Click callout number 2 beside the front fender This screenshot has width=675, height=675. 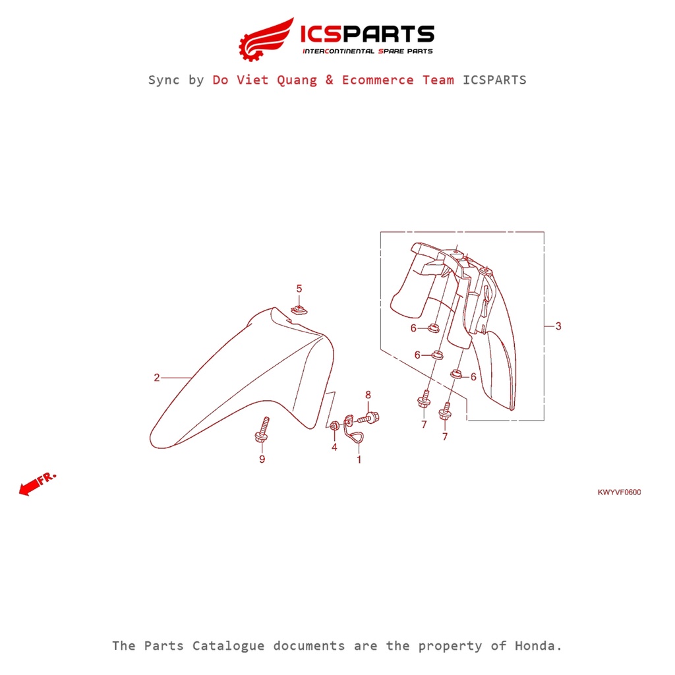pyautogui.click(x=157, y=378)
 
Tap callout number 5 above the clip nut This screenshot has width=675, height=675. pyautogui.click(x=299, y=289)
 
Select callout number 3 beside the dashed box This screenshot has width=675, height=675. pyautogui.click(x=558, y=326)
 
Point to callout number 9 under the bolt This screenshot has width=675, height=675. pyautogui.click(x=262, y=459)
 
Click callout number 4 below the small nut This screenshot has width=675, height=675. pyautogui.click(x=334, y=447)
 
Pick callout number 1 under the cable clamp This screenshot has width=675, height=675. pyautogui.click(x=359, y=459)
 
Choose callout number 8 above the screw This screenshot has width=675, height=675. pyautogui.click(x=368, y=395)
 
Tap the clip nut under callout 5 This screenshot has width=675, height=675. pyautogui.click(x=299, y=310)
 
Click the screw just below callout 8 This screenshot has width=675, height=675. pyautogui.click(x=369, y=417)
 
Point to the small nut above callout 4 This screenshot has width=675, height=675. pyautogui.click(x=334, y=426)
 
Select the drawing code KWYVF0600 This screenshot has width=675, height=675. pyautogui.click(x=619, y=492)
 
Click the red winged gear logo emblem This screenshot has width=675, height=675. pyautogui.click(x=266, y=39)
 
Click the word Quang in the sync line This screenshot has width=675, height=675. pyautogui.click(x=297, y=80)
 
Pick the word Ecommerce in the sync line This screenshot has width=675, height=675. pyautogui.click(x=378, y=80)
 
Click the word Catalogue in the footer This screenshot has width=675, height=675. pyautogui.click(x=228, y=646)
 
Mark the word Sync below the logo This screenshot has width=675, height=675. pyautogui.click(x=163, y=80)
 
